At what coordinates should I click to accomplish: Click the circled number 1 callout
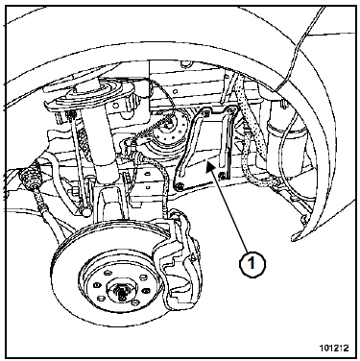(x=252, y=264)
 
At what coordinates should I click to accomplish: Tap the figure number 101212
(x=334, y=348)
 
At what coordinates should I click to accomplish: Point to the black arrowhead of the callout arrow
(x=210, y=166)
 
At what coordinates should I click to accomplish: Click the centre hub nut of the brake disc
(x=122, y=291)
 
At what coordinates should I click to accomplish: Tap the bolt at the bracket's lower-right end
(x=222, y=175)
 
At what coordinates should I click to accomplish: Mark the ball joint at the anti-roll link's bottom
(x=86, y=212)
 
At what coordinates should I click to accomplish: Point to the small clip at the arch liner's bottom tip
(x=303, y=218)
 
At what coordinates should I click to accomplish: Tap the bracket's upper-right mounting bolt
(x=231, y=110)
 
